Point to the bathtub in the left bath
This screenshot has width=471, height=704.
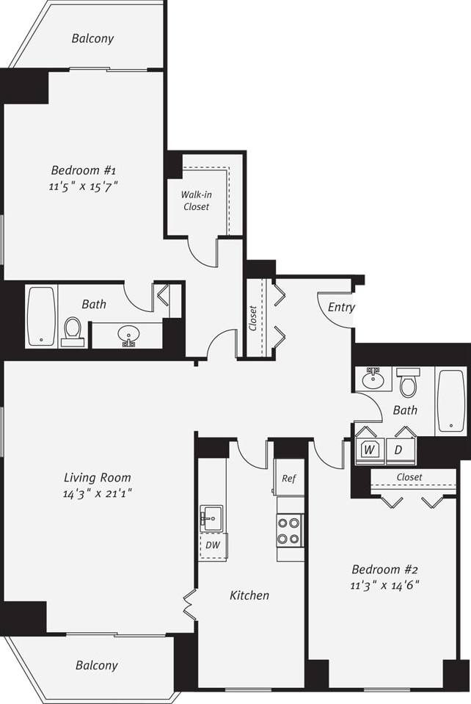click(41, 316)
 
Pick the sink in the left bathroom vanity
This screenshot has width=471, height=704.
click(128, 335)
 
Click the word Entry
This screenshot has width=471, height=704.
click(341, 307)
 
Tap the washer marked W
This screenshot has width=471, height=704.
click(370, 449)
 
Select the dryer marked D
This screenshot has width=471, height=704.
click(398, 449)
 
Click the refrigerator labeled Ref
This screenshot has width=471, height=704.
click(289, 479)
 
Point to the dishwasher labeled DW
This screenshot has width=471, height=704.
click(212, 545)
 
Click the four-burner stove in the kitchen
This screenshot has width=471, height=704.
click(289, 531)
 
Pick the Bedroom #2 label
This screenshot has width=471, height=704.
click(385, 569)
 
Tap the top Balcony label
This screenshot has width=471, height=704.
click(92, 38)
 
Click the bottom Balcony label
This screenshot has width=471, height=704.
click(96, 665)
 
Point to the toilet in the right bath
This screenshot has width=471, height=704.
click(408, 383)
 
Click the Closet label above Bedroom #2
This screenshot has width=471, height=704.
click(409, 477)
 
